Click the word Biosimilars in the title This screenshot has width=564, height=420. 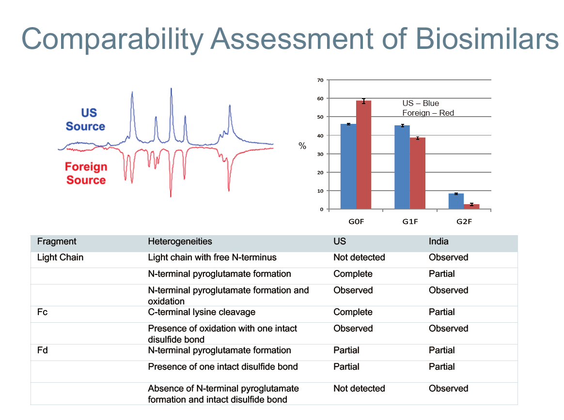(x=487, y=39)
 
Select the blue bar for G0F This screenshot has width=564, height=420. (x=348, y=166)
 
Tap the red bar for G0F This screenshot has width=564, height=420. (x=363, y=155)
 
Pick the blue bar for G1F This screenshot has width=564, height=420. (x=402, y=167)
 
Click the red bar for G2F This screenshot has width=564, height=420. (x=471, y=206)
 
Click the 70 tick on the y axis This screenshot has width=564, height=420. (x=320, y=80)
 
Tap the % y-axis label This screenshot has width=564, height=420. (x=302, y=146)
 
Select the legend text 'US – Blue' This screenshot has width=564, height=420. (x=421, y=103)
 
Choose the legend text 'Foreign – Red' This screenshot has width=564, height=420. (x=428, y=113)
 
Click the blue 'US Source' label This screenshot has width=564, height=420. (x=85, y=120)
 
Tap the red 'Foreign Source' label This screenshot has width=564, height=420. (x=86, y=173)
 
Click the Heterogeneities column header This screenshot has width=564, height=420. (x=180, y=241)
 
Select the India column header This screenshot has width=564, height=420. (x=439, y=241)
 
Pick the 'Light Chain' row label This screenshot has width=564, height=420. (x=60, y=257)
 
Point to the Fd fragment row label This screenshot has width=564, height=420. (x=42, y=350)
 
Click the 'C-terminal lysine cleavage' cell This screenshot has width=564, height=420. (x=202, y=312)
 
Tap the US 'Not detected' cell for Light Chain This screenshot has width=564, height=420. (x=359, y=257)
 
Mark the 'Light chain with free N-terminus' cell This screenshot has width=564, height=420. (x=212, y=257)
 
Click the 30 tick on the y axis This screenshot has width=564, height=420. (x=320, y=154)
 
